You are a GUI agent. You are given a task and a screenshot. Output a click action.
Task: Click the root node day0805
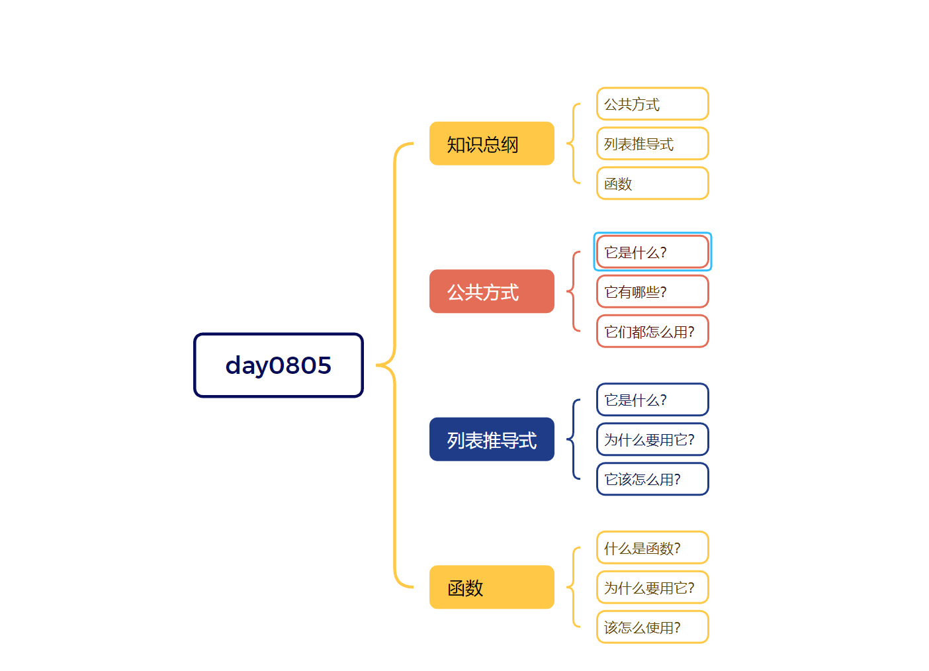[x=279, y=365]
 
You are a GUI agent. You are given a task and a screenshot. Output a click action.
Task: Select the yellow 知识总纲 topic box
[x=492, y=144]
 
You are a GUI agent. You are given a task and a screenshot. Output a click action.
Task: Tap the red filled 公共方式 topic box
[x=492, y=291]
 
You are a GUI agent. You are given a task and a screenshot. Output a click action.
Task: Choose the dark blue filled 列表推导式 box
[x=492, y=439]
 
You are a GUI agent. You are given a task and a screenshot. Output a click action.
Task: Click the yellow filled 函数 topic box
[x=492, y=587]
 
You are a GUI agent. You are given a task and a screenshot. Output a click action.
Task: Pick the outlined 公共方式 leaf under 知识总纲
[x=652, y=104]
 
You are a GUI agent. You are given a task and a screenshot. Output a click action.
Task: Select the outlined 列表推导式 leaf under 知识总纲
[x=652, y=144]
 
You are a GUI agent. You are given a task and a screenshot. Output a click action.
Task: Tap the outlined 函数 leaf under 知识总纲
[x=652, y=183]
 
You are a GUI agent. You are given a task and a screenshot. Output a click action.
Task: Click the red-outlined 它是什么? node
[x=652, y=252]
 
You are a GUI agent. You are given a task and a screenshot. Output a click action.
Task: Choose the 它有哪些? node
[x=652, y=292]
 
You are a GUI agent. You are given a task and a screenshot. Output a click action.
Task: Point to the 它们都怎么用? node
[x=652, y=332]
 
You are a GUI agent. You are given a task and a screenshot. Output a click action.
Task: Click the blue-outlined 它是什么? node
[x=652, y=400]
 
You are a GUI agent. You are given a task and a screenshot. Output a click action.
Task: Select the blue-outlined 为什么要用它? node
[x=652, y=439]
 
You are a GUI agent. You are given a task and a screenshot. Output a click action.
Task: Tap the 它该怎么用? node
[x=652, y=479]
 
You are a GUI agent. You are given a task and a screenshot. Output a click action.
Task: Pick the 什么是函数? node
[x=652, y=548]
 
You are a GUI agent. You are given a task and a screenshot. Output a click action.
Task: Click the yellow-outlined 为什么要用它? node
[x=652, y=588]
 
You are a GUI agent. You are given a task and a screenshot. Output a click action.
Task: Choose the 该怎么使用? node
[x=652, y=627]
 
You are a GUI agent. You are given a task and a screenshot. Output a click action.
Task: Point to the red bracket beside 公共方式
[x=573, y=291]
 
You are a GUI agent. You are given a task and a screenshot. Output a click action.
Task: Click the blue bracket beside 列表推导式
[x=573, y=439]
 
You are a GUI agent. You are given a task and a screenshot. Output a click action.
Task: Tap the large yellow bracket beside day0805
[x=395, y=365]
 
